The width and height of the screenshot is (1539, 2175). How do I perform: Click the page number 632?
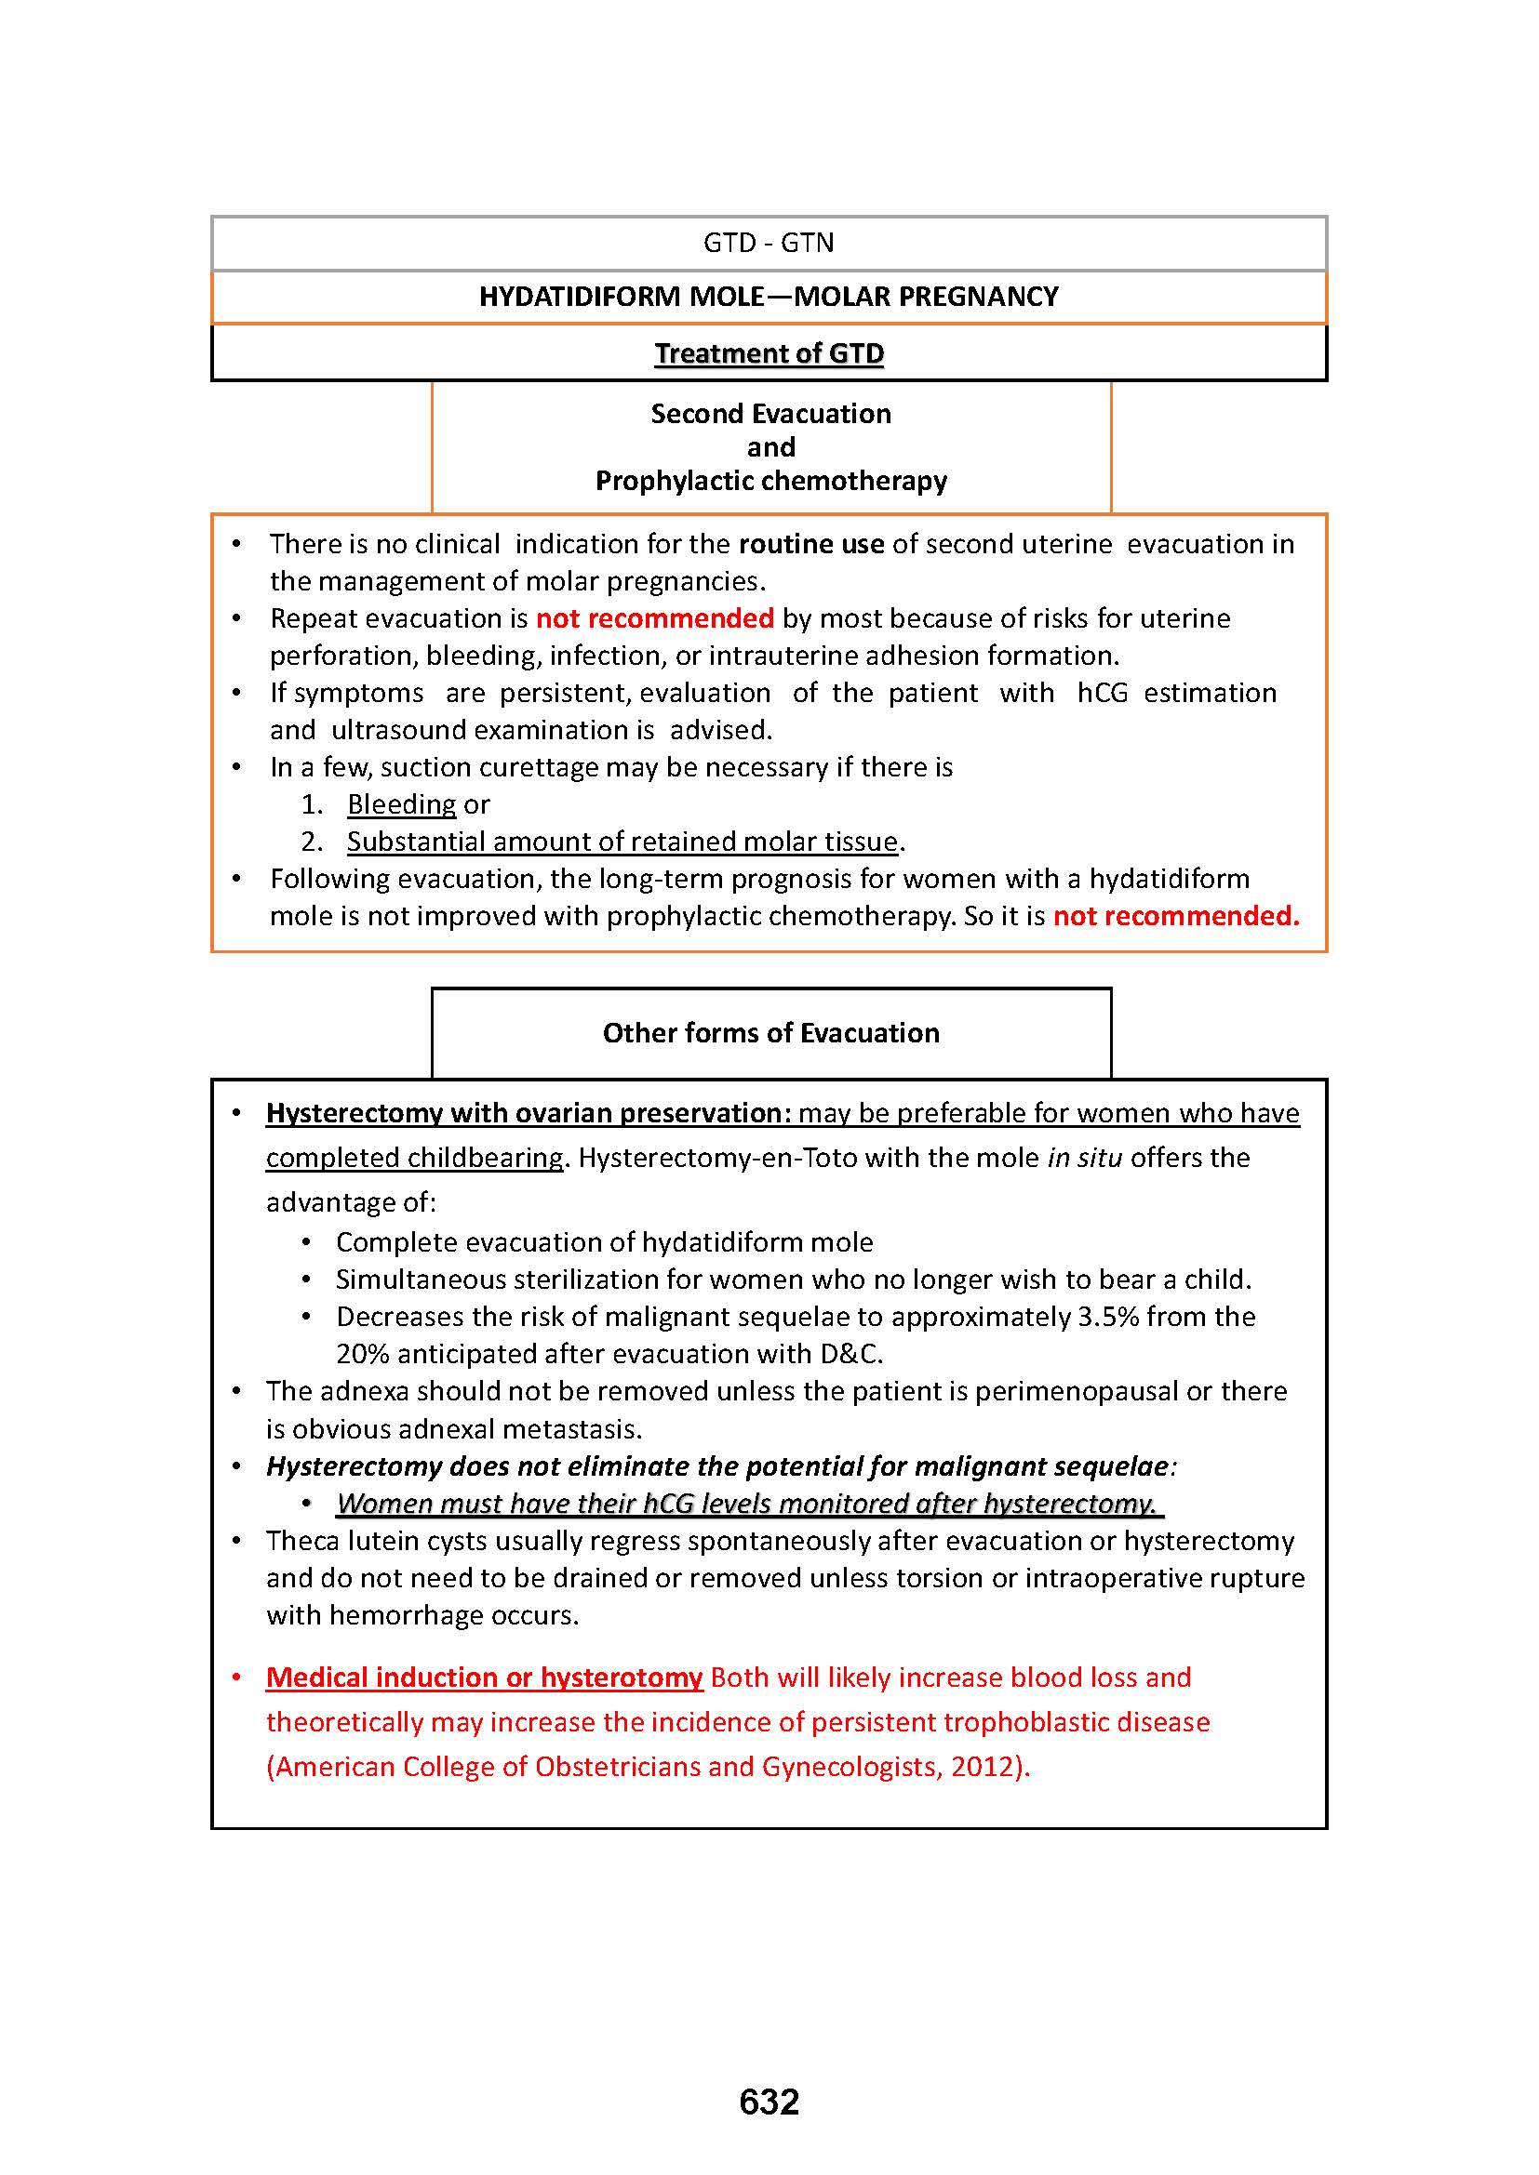click(x=769, y=2102)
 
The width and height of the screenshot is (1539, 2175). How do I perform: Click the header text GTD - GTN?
click(x=769, y=244)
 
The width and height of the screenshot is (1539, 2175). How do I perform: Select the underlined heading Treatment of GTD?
click(x=769, y=353)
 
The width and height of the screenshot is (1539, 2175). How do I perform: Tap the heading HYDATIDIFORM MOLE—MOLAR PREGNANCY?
click(x=769, y=297)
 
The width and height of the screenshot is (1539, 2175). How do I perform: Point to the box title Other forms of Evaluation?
click(x=770, y=1032)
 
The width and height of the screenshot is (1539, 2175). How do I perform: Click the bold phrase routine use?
click(x=811, y=544)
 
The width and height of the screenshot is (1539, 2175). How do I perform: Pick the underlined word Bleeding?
click(x=402, y=804)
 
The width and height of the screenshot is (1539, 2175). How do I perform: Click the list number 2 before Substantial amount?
click(x=311, y=842)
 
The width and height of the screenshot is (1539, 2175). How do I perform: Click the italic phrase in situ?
click(x=1084, y=1158)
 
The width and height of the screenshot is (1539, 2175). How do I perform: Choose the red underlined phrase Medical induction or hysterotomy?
click(x=484, y=1678)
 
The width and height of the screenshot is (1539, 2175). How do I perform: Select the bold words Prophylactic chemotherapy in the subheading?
click(x=770, y=482)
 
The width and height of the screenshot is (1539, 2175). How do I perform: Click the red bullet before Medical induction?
click(x=237, y=1678)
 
